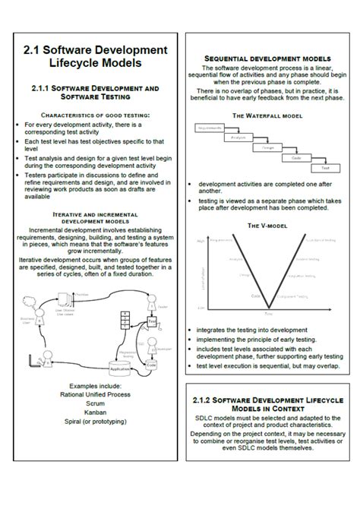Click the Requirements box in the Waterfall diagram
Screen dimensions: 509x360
[x=209, y=128]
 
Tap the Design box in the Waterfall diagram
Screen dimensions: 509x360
[x=269, y=148]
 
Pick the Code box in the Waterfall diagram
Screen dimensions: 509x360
[x=297, y=157]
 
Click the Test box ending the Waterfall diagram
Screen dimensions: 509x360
[x=325, y=167]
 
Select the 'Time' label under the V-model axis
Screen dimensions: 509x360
[x=267, y=313]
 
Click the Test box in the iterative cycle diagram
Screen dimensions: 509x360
[x=153, y=321]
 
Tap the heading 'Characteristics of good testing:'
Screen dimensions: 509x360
[x=93, y=115]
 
